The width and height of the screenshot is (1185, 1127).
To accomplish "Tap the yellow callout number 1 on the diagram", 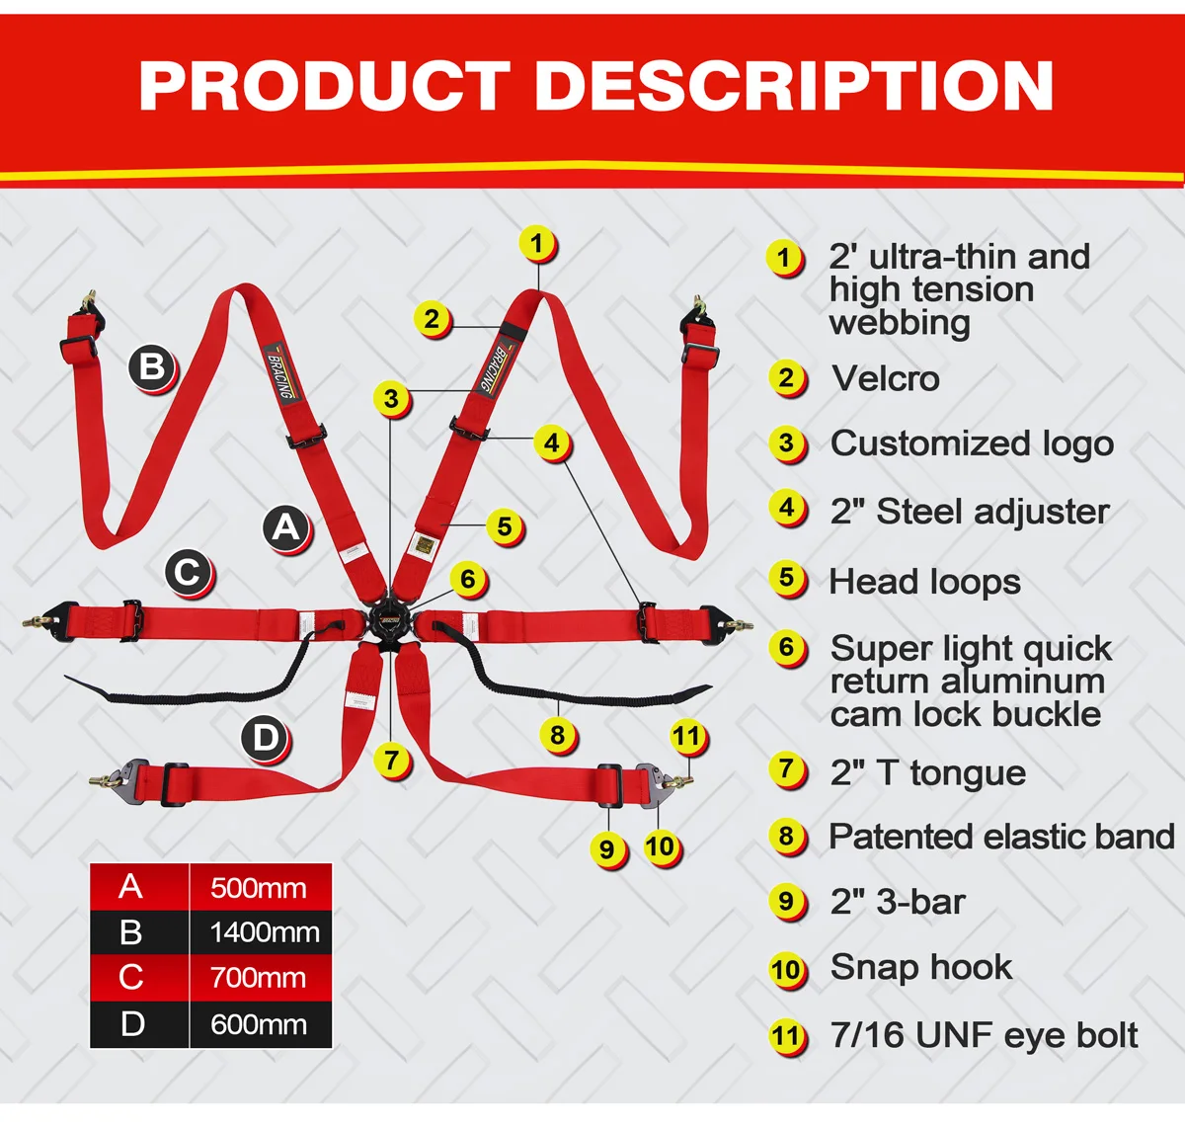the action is (x=536, y=243).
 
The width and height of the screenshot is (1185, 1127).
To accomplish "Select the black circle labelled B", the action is (x=152, y=367).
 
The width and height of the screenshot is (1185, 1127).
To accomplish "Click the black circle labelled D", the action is (x=265, y=738).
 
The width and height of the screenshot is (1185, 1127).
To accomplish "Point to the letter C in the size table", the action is (x=131, y=977).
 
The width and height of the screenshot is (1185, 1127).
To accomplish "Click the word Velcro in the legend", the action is (x=885, y=378).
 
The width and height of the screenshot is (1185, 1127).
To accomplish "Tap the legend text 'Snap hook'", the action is (x=920, y=967).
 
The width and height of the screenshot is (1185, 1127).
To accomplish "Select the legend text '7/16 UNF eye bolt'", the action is (x=984, y=1035).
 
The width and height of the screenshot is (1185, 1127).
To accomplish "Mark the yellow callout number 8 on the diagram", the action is (x=558, y=735).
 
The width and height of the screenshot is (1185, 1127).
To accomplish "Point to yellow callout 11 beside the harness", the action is (x=686, y=736).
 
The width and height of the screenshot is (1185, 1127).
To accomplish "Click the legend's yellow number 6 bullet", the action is (x=786, y=648).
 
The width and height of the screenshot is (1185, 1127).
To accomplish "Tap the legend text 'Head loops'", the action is (x=924, y=582).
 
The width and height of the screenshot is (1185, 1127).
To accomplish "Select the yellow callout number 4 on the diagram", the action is (x=552, y=443).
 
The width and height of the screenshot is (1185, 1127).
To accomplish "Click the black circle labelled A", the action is (x=285, y=526).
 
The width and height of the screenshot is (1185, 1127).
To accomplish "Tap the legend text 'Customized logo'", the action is (x=972, y=443).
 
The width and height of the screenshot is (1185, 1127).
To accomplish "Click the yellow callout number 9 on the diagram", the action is (x=606, y=848).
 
